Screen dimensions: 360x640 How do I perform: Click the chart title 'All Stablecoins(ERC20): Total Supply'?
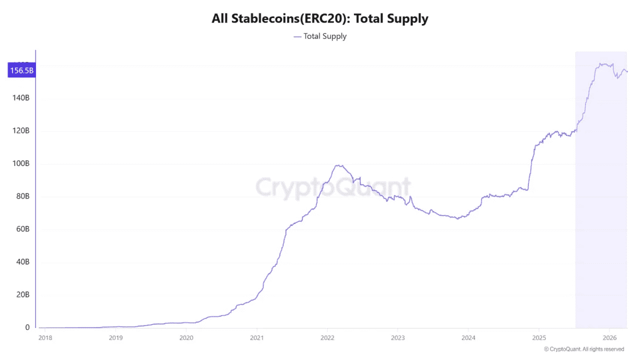pos(320,19)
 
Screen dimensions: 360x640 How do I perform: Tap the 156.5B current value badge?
pos(21,70)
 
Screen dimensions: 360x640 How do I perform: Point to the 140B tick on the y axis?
pos(21,98)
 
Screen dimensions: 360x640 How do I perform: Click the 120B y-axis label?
pos(21,131)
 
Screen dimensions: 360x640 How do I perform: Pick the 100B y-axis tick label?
pos(21,163)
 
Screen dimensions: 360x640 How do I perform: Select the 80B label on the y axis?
pos(23,196)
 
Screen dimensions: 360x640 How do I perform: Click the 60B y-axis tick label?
pos(23,229)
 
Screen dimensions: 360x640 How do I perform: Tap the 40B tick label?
pos(23,262)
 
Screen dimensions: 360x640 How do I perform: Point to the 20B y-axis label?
pos(23,294)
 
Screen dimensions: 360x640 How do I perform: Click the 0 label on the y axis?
pos(27,327)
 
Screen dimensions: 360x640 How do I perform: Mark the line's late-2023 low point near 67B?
pos(457,218)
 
